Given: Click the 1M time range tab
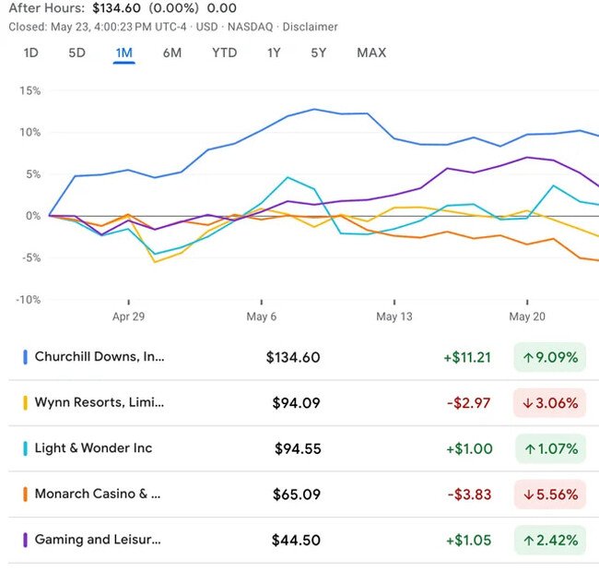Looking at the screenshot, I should tap(123, 53).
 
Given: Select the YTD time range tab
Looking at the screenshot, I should tap(224, 53).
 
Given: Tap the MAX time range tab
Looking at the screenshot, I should tap(371, 53).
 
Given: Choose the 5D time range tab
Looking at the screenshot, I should tap(76, 53).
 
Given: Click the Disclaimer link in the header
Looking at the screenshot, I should tap(311, 27).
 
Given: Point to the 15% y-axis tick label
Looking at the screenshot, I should tap(29, 90).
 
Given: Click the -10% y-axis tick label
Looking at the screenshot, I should tap(27, 299).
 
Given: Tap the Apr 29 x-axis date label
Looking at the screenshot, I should tap(129, 316).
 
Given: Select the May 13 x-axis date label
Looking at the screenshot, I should tap(394, 316).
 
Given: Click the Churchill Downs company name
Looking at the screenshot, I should tap(100, 356).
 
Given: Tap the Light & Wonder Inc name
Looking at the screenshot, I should tap(93, 448).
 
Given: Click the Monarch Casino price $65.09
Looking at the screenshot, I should tap(297, 495).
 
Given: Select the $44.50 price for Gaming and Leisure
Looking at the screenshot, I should tap(296, 541).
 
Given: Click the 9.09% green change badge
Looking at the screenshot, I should tap(549, 357).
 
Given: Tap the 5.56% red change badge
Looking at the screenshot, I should tap(549, 495).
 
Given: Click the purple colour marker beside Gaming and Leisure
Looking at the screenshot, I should tap(26, 541).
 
